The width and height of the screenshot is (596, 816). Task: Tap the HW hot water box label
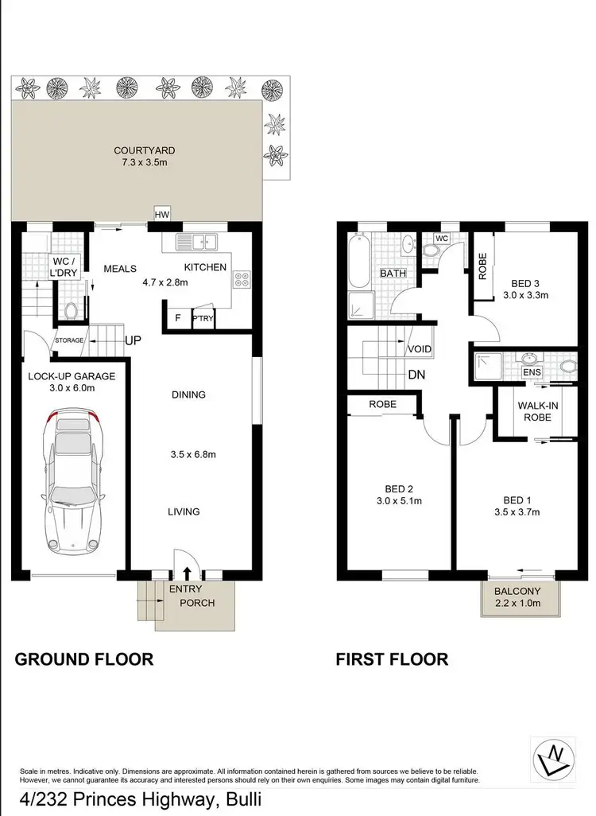pyautogui.click(x=162, y=214)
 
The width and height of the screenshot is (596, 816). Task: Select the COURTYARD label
pyautogui.click(x=144, y=150)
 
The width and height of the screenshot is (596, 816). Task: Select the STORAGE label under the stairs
pyautogui.click(x=69, y=340)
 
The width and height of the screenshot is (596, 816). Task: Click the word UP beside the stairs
pyautogui.click(x=134, y=340)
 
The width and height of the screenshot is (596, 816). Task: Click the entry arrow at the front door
pyautogui.click(x=188, y=573)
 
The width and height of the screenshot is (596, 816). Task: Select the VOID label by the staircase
pyautogui.click(x=419, y=349)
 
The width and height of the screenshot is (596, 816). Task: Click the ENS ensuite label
pyautogui.click(x=532, y=371)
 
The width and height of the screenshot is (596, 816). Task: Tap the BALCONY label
pyautogui.click(x=518, y=591)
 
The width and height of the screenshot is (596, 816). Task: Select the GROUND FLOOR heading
pyautogui.click(x=84, y=659)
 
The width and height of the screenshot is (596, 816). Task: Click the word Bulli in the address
pyautogui.click(x=241, y=799)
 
